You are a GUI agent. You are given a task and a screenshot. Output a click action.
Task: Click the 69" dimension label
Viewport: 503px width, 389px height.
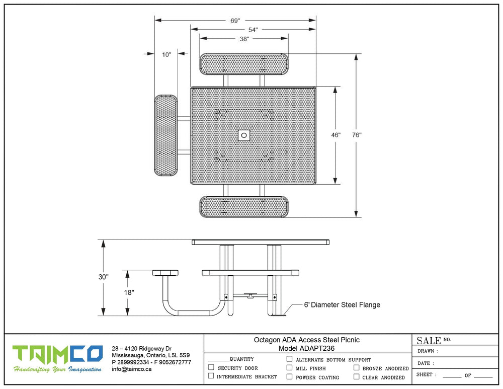(x=235, y=21)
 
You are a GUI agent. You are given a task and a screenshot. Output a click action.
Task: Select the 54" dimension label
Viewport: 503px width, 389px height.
(x=253, y=30)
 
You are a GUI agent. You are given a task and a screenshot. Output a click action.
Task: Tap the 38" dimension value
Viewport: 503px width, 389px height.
(x=244, y=39)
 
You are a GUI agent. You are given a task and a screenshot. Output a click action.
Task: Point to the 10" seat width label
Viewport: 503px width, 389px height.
(x=166, y=54)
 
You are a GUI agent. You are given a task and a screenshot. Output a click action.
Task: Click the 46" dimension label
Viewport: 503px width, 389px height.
(x=336, y=135)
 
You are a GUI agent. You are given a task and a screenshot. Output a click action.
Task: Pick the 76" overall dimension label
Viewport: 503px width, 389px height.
(x=357, y=135)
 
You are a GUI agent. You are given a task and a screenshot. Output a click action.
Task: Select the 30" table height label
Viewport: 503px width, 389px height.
(x=103, y=277)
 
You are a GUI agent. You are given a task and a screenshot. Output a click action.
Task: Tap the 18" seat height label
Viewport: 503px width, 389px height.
(x=129, y=292)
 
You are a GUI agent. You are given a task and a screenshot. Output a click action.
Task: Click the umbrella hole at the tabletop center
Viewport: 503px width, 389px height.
(x=244, y=135)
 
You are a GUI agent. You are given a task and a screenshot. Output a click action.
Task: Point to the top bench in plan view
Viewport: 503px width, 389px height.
(x=244, y=64)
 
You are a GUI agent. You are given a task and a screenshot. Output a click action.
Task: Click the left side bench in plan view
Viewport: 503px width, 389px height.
(x=166, y=135)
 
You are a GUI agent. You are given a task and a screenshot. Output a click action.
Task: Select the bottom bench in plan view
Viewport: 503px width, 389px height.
(x=244, y=207)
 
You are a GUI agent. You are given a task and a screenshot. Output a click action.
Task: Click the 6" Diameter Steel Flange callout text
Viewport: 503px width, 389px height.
(x=342, y=305)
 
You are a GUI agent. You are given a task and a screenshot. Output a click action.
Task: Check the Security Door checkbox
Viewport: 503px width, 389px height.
(x=211, y=367)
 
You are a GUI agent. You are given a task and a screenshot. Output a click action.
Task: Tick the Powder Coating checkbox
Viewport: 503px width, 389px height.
(x=289, y=376)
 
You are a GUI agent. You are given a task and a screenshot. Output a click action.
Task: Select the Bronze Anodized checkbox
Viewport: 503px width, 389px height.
(x=357, y=367)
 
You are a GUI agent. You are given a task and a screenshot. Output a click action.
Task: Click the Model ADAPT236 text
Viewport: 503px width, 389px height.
(x=306, y=349)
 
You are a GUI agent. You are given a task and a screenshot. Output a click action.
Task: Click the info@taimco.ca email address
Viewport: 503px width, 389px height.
(x=131, y=369)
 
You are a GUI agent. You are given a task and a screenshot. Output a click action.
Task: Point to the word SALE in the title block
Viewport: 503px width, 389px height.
(x=429, y=341)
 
